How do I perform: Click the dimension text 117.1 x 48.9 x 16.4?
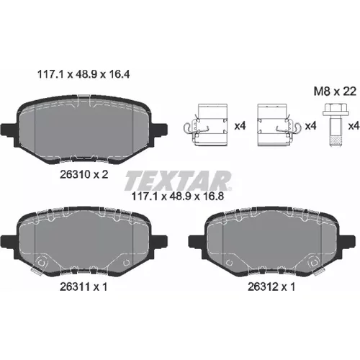(x=84, y=74)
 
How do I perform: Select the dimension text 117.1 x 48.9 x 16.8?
(x=178, y=197)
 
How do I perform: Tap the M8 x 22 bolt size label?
(x=336, y=91)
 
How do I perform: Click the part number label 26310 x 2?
(x=84, y=174)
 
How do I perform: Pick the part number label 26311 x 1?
(x=84, y=287)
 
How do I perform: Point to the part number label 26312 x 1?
(x=271, y=287)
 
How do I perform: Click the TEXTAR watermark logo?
(x=178, y=180)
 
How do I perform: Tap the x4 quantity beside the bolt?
(x=354, y=126)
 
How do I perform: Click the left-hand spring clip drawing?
(x=205, y=125)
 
